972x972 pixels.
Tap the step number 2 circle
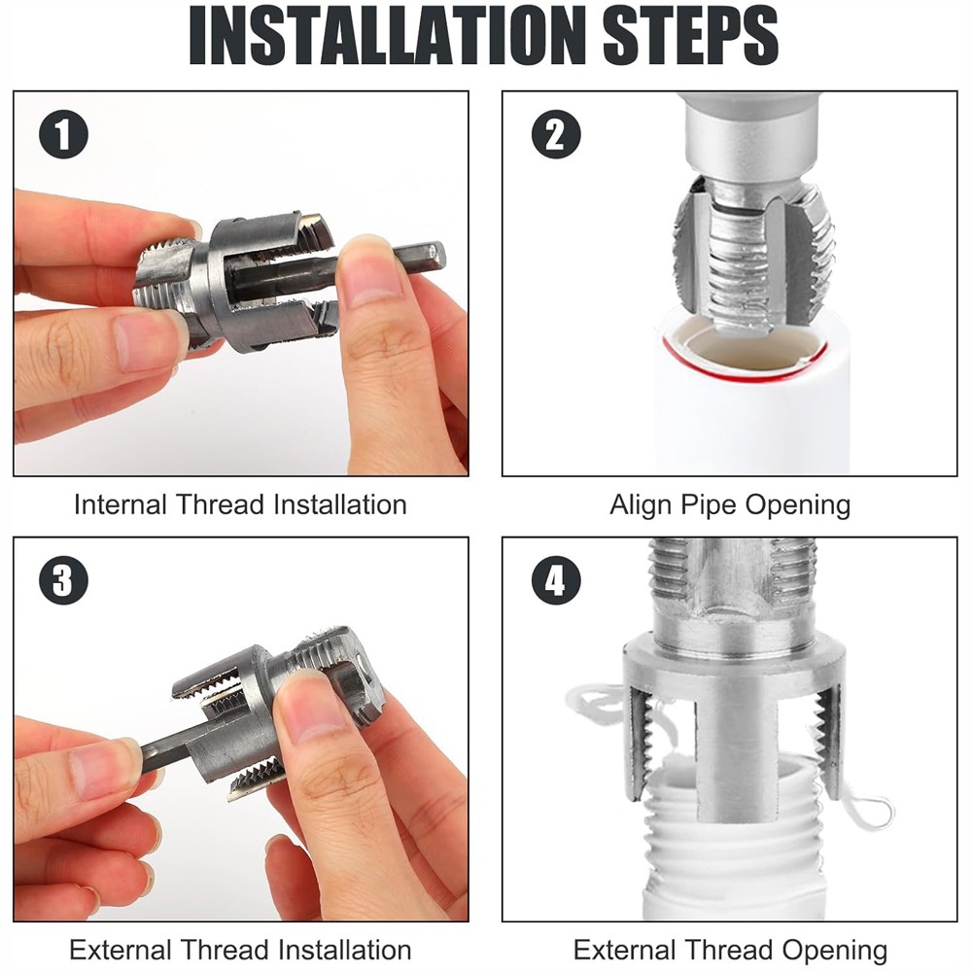tap(555, 134)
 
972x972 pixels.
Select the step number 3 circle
tap(63, 580)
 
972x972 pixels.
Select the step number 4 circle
tap(555, 581)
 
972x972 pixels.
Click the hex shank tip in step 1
tap(428, 258)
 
